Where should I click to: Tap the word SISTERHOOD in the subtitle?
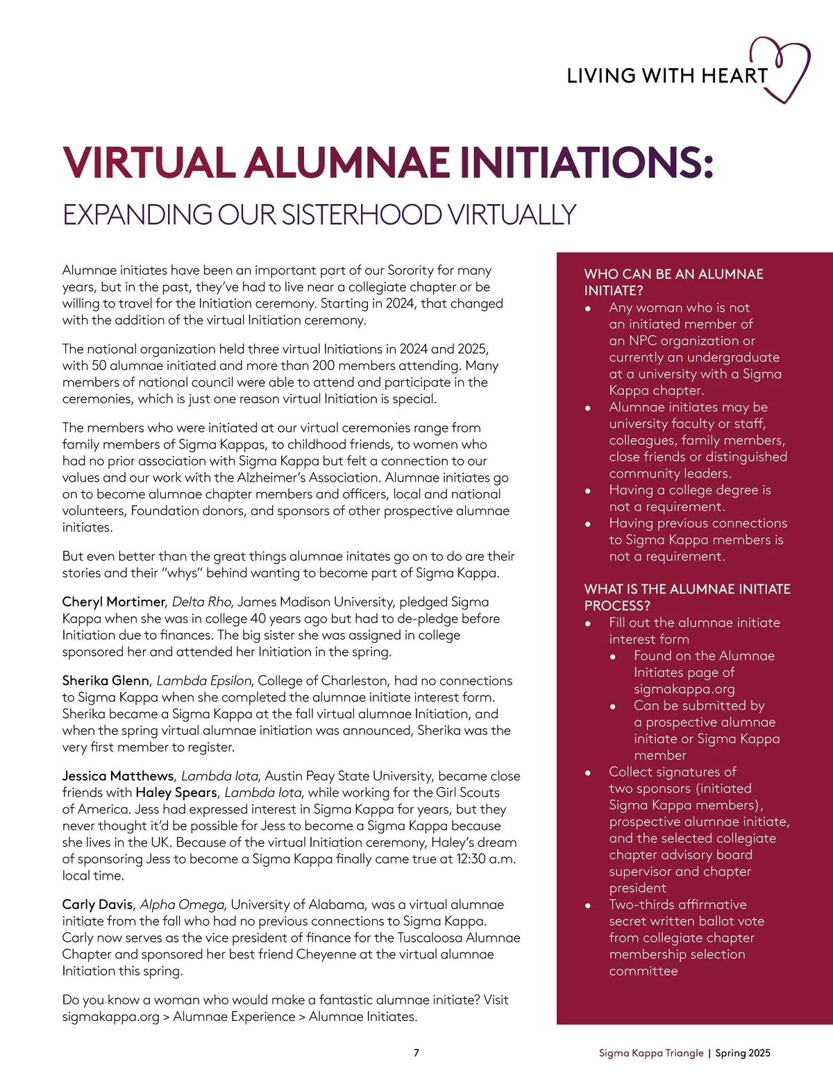pos(361,214)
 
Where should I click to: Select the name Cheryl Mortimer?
pos(114,602)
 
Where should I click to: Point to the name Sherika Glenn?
pos(106,681)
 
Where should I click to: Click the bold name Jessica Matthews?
pos(118,776)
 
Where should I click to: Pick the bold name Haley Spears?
pos(176,793)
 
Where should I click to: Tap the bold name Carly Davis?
pos(97,904)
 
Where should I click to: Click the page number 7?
pos(416,1053)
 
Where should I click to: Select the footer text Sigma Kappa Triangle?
pos(651,1053)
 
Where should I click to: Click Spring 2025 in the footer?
pos(743,1053)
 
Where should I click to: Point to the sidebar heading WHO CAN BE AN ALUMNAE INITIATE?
pos(673,282)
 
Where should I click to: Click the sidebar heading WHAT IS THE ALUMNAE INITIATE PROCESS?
pos(687,597)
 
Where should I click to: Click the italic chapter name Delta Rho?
pos(201,602)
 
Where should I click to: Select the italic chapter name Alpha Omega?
pos(182,904)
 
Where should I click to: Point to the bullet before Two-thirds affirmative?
pos(588,906)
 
